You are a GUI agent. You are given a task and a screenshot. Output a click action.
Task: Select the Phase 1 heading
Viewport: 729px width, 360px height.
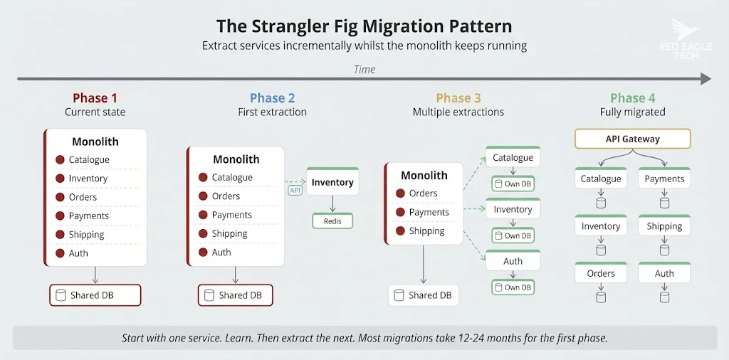pyautogui.click(x=95, y=98)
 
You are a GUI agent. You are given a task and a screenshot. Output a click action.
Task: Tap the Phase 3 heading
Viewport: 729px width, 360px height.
pyautogui.click(x=458, y=98)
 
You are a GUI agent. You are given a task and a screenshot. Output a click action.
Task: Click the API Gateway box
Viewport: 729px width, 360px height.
pyautogui.click(x=632, y=139)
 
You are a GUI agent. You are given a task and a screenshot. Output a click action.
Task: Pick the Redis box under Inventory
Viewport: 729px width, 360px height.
pyautogui.click(x=332, y=221)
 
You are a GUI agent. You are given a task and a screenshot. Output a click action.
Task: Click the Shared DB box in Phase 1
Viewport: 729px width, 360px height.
pyautogui.click(x=95, y=295)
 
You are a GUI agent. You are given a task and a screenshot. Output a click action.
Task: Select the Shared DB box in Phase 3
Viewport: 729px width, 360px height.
pyautogui.click(x=424, y=295)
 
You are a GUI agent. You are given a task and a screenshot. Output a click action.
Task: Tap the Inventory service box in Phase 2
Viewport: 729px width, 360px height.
pyautogui.click(x=332, y=182)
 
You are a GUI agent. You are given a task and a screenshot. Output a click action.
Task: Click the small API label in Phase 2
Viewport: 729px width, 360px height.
pyautogui.click(x=295, y=191)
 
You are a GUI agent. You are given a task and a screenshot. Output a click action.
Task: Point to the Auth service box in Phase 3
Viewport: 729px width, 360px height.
pyautogui.click(x=513, y=261)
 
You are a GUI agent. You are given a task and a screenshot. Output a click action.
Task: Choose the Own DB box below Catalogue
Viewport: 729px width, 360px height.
pyautogui.click(x=513, y=184)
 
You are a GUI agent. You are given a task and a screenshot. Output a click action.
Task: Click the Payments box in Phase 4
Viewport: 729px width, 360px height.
pyautogui.click(x=664, y=179)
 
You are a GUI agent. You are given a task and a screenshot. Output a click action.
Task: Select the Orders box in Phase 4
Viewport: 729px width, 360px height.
pyautogui.click(x=601, y=273)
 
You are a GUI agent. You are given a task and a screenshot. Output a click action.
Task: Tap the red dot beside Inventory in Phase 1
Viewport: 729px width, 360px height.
pyautogui.click(x=60, y=179)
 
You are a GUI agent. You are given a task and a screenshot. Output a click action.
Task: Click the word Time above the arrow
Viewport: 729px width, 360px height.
pyautogui.click(x=364, y=69)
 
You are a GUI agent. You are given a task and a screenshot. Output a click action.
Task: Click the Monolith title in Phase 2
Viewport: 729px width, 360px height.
pyautogui.click(x=236, y=159)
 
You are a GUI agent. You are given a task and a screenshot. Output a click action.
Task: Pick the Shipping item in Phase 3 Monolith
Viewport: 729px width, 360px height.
pyautogui.click(x=426, y=231)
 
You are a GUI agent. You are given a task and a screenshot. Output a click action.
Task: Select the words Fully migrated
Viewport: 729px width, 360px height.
pyautogui.click(x=632, y=112)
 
